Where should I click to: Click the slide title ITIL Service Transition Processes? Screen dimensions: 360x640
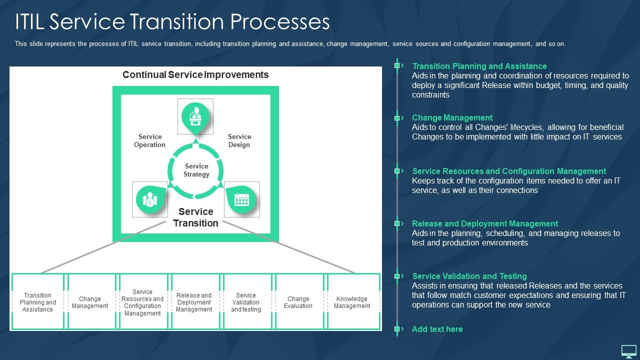[x=172, y=22]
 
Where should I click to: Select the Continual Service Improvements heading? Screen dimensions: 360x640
[x=195, y=75]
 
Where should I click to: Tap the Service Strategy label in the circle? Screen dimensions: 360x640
[x=196, y=170]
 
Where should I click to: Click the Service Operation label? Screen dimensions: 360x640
[x=150, y=140]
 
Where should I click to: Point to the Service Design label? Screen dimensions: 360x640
[x=239, y=140]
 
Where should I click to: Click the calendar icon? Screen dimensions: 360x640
[x=241, y=199]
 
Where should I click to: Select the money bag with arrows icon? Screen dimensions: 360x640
[x=150, y=199]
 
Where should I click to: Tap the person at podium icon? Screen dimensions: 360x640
[x=195, y=116]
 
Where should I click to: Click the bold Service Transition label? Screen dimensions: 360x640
[x=195, y=217]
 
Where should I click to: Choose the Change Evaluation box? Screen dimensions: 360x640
[x=298, y=302]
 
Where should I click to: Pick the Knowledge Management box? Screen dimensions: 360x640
[x=352, y=302]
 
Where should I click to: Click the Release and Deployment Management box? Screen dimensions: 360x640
[x=194, y=302]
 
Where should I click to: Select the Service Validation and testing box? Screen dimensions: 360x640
[x=246, y=302]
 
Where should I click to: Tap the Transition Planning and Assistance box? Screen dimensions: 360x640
[x=37, y=302]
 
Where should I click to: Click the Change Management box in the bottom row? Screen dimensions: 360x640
[x=90, y=302]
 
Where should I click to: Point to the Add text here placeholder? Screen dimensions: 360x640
[x=437, y=329]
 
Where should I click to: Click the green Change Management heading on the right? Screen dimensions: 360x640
[x=452, y=118]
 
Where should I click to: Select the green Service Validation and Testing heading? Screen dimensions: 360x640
[x=469, y=276]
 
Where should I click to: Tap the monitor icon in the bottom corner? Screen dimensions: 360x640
[x=628, y=351]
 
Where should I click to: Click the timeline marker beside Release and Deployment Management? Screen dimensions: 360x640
[x=397, y=223]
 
